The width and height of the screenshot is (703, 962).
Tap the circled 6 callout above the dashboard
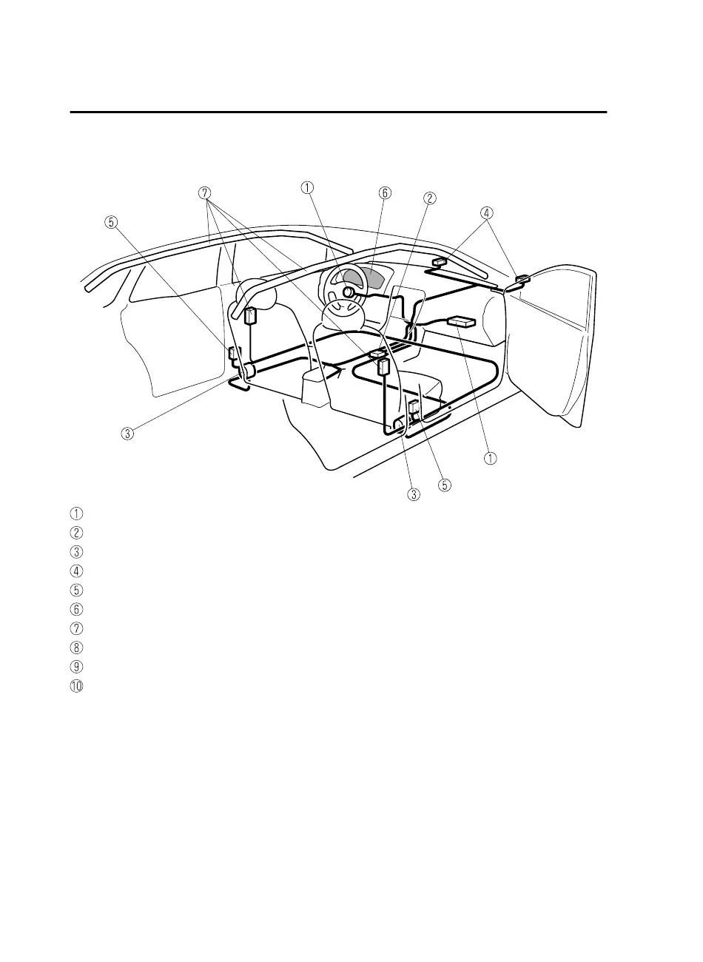(384, 192)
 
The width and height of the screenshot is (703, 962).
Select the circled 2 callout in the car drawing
(430, 198)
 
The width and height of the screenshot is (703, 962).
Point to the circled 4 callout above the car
(486, 212)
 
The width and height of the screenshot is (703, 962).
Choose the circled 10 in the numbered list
(77, 686)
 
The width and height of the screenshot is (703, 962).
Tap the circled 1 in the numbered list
(77, 513)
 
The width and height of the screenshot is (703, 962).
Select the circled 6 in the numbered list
(77, 609)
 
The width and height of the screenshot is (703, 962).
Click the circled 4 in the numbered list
(77, 571)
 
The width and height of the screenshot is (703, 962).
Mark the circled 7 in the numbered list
(77, 628)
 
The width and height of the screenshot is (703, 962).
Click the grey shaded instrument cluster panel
(370, 279)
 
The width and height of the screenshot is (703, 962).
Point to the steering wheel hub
(347, 292)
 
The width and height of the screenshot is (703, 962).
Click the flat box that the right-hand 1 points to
(462, 321)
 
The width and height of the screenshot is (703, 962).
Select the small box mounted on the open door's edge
(522, 280)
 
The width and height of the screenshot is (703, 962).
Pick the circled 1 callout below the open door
(490, 457)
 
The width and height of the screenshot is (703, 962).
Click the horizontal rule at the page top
(338, 112)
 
